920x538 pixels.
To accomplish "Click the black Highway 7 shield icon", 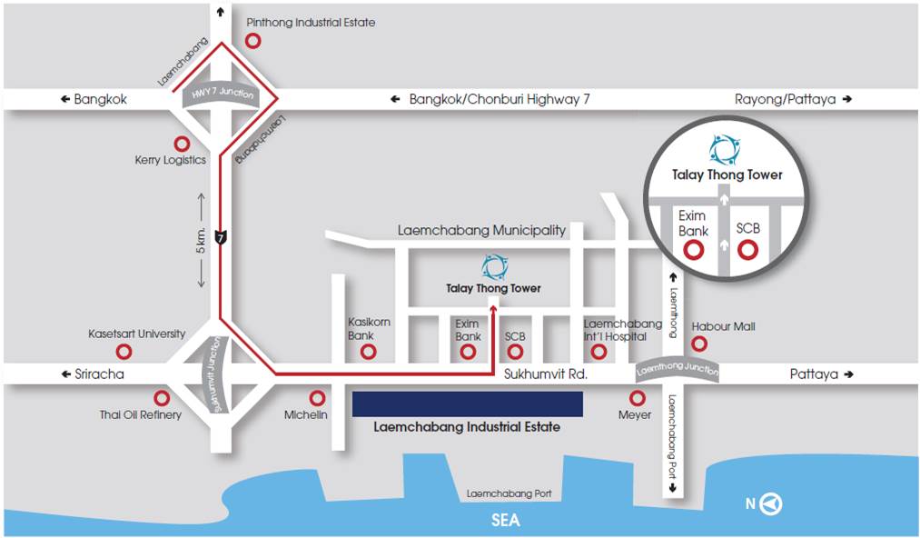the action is pyautogui.click(x=220, y=237).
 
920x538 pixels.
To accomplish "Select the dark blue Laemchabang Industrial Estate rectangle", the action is pyautogui.click(x=467, y=404).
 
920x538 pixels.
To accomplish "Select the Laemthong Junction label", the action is pyautogui.click(x=678, y=369).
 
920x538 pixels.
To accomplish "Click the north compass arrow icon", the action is pyautogui.click(x=771, y=503).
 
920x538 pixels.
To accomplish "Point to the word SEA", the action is pyautogui.click(x=505, y=520).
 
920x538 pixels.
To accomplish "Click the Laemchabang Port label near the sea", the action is pyautogui.click(x=509, y=493).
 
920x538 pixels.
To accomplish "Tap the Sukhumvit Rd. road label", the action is pyautogui.click(x=546, y=374).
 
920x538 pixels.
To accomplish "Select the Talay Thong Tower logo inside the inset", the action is pyautogui.click(x=725, y=150).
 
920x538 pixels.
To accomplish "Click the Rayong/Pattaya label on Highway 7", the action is pyautogui.click(x=785, y=99).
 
